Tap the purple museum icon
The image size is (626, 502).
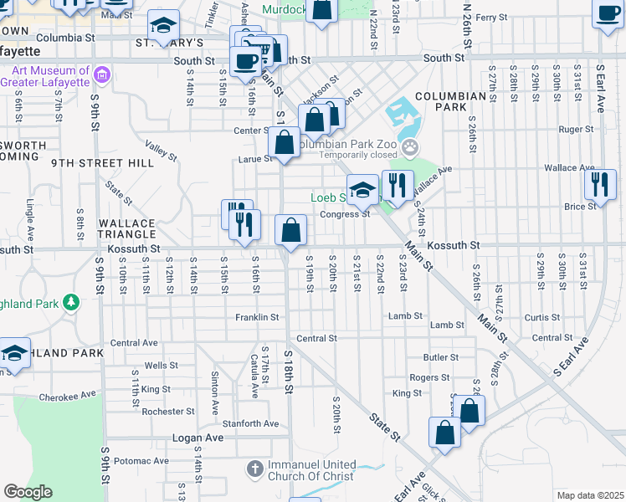(103, 77)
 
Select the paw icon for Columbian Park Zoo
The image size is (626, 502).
(410, 149)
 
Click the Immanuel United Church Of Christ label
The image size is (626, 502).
(311, 471)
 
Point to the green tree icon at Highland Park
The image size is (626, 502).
(72, 301)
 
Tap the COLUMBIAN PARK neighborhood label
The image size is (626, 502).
(450, 102)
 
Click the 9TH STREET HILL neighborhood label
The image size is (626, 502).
(102, 163)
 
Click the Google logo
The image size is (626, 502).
(28, 492)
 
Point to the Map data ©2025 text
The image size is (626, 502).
(589, 495)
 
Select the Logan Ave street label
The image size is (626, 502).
(198, 438)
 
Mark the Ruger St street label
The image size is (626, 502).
(575, 130)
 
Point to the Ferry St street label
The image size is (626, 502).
(491, 17)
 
